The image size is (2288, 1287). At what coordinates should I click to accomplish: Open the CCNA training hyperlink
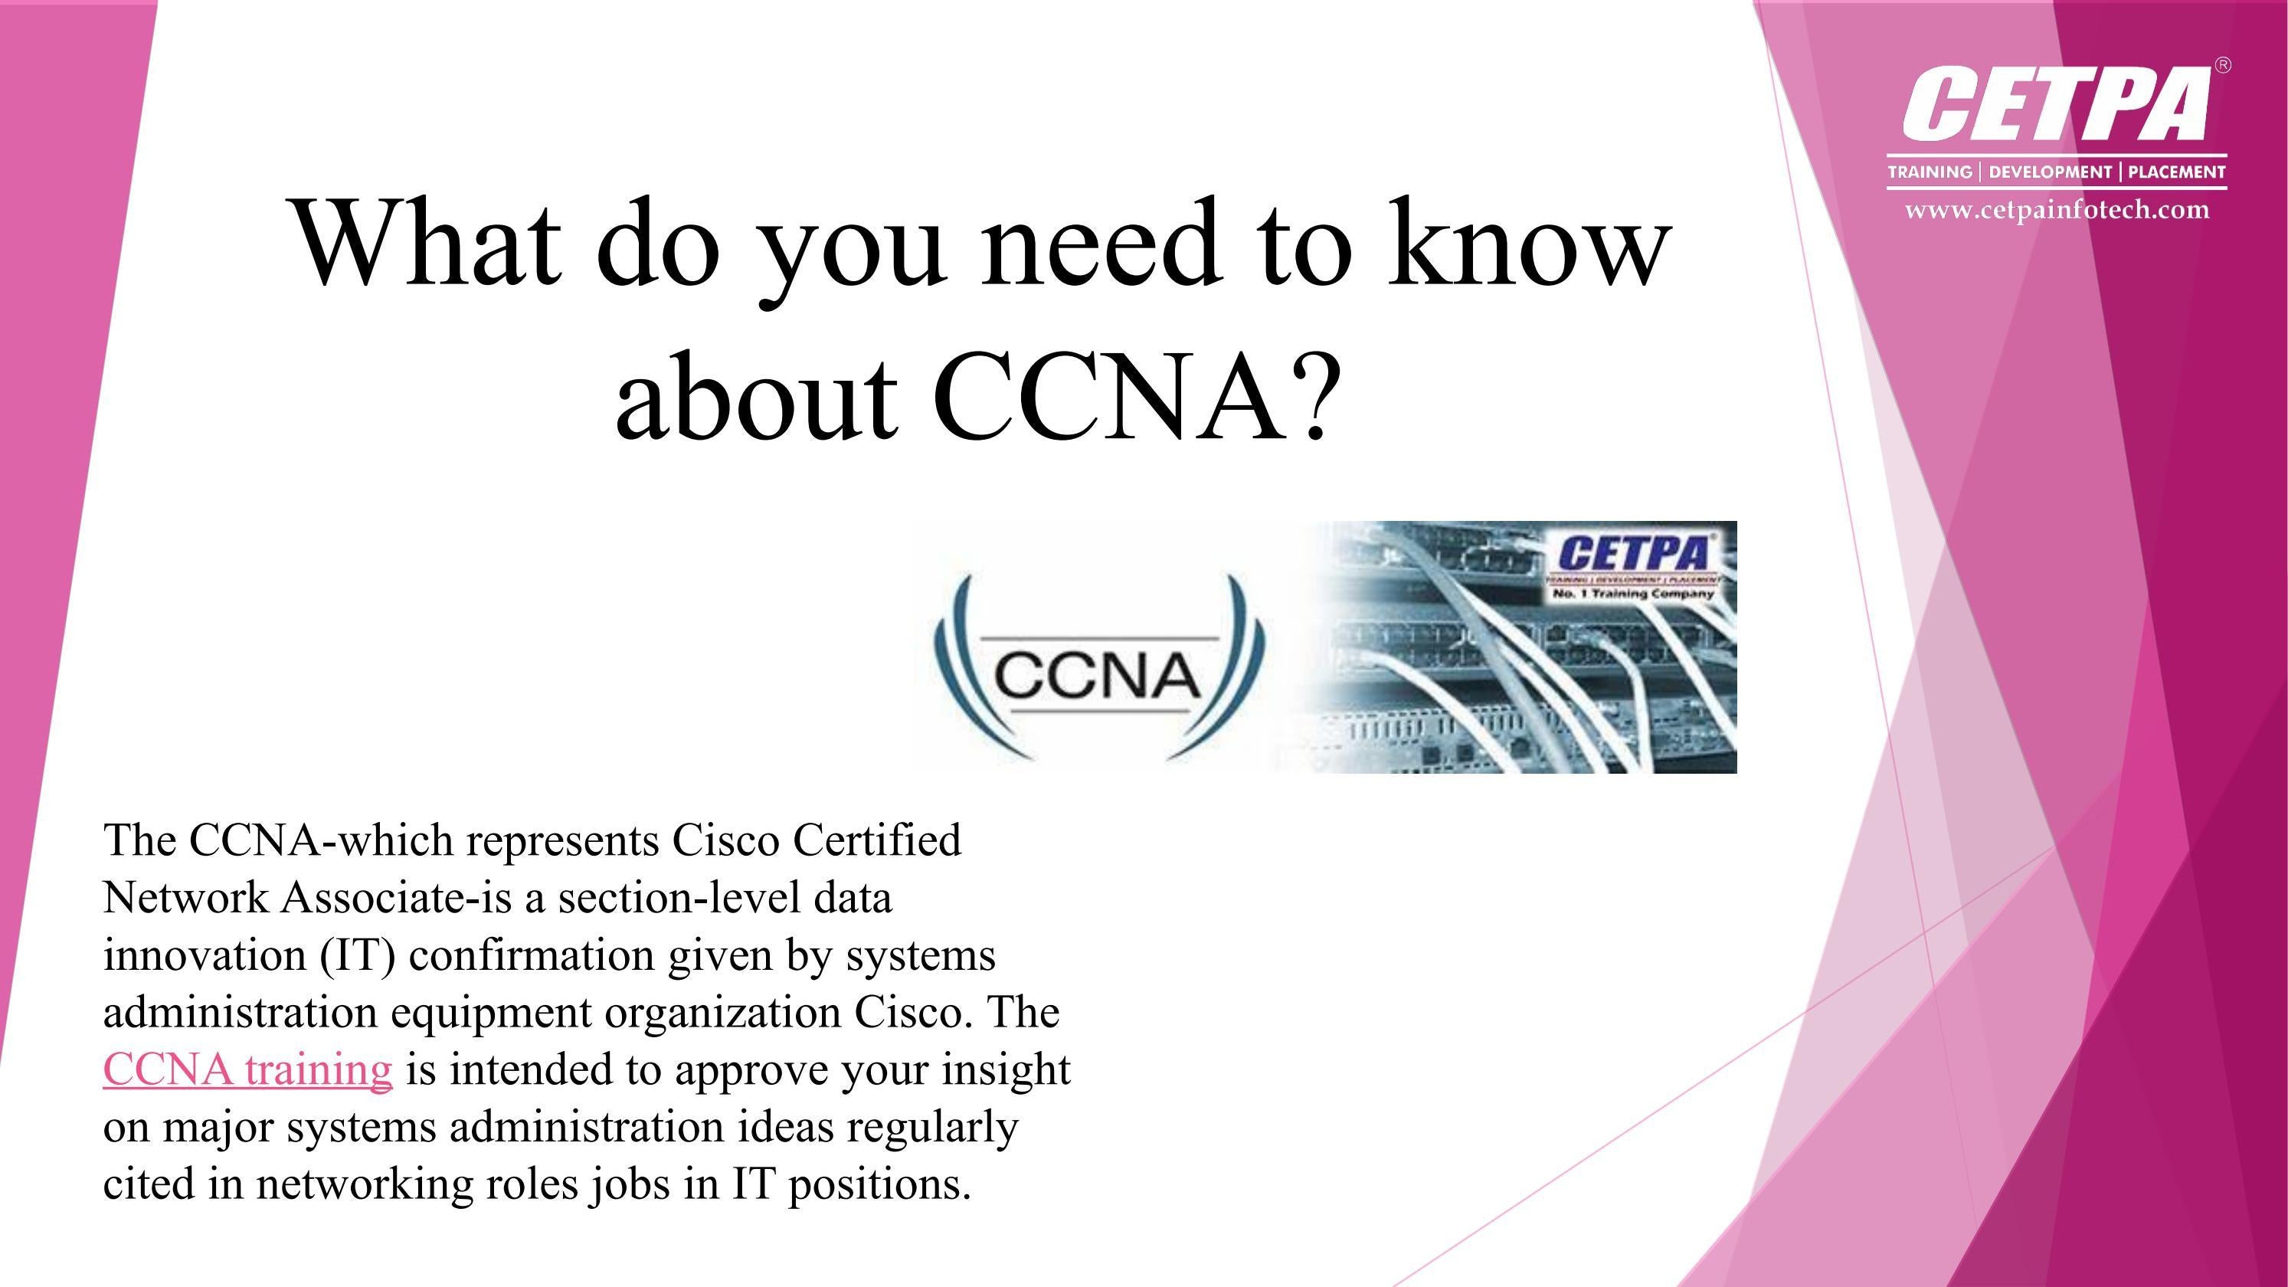coord(247,1069)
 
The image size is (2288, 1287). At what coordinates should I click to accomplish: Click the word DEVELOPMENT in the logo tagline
coord(2050,172)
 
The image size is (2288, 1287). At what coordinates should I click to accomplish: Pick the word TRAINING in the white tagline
coord(1930,172)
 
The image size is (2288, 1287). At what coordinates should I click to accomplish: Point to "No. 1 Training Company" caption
coord(1633,593)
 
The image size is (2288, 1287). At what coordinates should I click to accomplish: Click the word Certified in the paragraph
coord(876,840)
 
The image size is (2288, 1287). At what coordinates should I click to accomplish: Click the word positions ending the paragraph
coord(879,1185)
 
